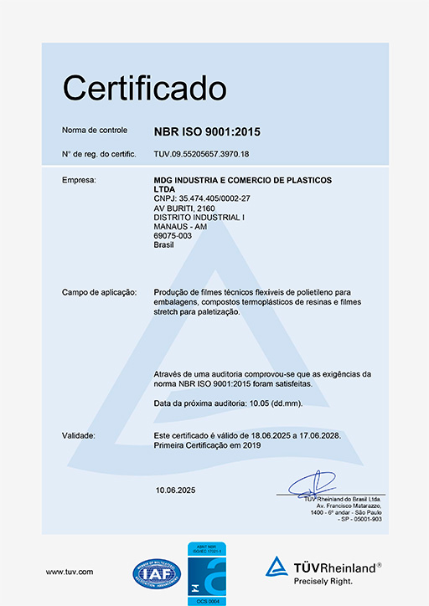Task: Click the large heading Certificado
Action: click(145, 87)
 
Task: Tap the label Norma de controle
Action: click(95, 131)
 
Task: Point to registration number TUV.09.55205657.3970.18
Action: click(202, 155)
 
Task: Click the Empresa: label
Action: click(80, 180)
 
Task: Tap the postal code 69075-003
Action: click(173, 236)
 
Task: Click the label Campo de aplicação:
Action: click(99, 292)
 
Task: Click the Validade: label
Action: click(79, 436)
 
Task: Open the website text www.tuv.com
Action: click(70, 572)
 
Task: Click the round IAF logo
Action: click(157, 572)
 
